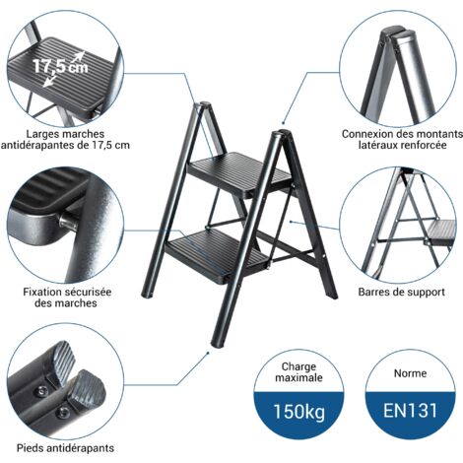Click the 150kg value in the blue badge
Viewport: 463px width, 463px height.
pyautogui.click(x=298, y=412)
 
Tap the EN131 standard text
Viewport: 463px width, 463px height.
pyautogui.click(x=410, y=411)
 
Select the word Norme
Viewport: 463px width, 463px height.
pyautogui.click(x=410, y=373)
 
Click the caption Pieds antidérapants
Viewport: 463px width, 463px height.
pyautogui.click(x=65, y=448)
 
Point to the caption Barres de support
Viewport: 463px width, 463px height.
pyautogui.click(x=401, y=292)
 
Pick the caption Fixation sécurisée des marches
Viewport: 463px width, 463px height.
pyautogui.click(x=67, y=298)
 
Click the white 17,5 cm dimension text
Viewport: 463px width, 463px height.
pyautogui.click(x=60, y=66)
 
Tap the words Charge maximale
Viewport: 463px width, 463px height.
pyautogui.click(x=298, y=372)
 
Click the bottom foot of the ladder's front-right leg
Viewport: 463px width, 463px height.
pyautogui.click(x=218, y=342)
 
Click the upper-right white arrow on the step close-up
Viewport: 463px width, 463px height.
pyautogui.click(x=78, y=56)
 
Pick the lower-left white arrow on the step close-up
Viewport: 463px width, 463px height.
pyautogui.click(x=49, y=81)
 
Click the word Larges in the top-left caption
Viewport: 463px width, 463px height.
pyautogui.click(x=42, y=134)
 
